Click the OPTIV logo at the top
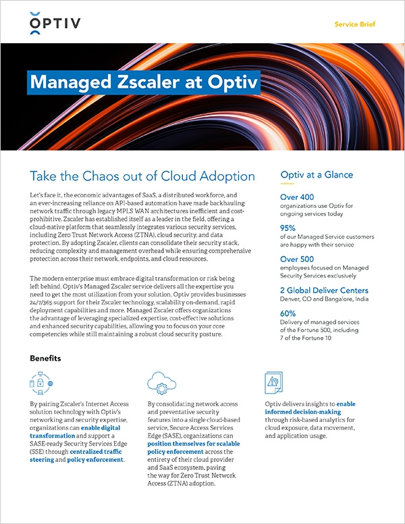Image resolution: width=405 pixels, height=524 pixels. click(55, 26)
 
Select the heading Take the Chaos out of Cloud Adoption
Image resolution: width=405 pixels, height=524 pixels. click(142, 176)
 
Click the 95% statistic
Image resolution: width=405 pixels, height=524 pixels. click(289, 228)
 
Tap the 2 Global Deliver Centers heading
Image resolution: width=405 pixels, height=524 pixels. click(325, 289)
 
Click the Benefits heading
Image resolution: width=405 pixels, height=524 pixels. click(45, 358)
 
